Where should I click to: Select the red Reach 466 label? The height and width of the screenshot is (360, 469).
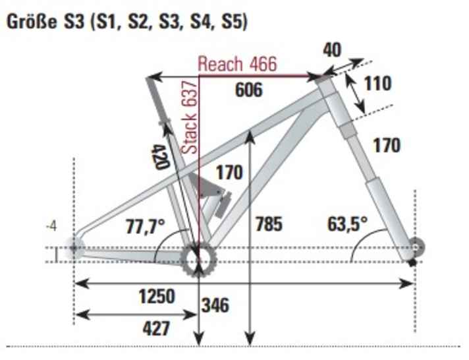(237, 64)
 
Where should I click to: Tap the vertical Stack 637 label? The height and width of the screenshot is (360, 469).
(190, 118)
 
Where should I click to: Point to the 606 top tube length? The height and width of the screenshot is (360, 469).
(249, 89)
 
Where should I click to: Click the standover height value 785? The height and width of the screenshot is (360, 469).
(268, 224)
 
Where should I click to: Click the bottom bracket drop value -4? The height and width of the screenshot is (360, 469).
(53, 228)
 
